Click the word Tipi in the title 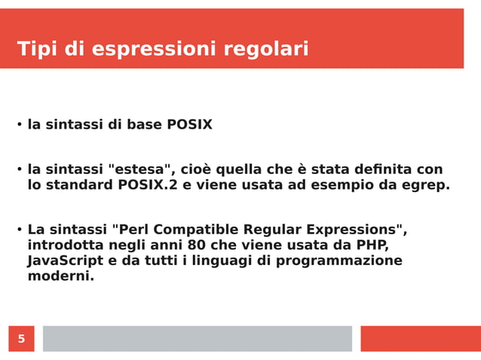[38, 50]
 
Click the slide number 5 [21, 339]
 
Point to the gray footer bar [197, 339]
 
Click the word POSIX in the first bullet [189, 125]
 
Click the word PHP [372, 246]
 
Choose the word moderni [60, 276]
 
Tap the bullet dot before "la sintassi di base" [19, 125]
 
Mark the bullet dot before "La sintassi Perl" [19, 230]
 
